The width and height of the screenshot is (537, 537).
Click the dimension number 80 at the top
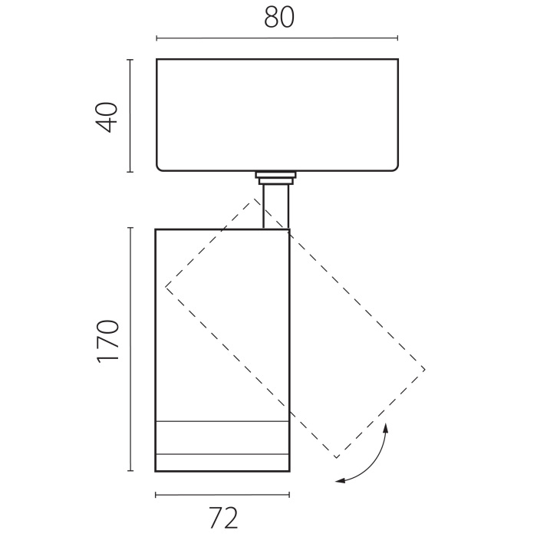(279, 18)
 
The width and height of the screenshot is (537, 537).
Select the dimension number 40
(107, 117)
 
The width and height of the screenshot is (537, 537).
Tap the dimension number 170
(108, 341)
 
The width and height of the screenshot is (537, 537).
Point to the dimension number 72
(223, 518)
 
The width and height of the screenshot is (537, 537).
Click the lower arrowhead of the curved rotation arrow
(339, 481)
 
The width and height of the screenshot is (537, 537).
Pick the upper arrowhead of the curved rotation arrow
(386, 428)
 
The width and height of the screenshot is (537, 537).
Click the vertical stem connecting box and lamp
(275, 206)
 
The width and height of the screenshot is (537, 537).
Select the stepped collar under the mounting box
(275, 178)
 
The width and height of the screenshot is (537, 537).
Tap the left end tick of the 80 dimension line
(156, 38)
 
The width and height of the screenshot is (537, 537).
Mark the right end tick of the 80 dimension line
(397, 38)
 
